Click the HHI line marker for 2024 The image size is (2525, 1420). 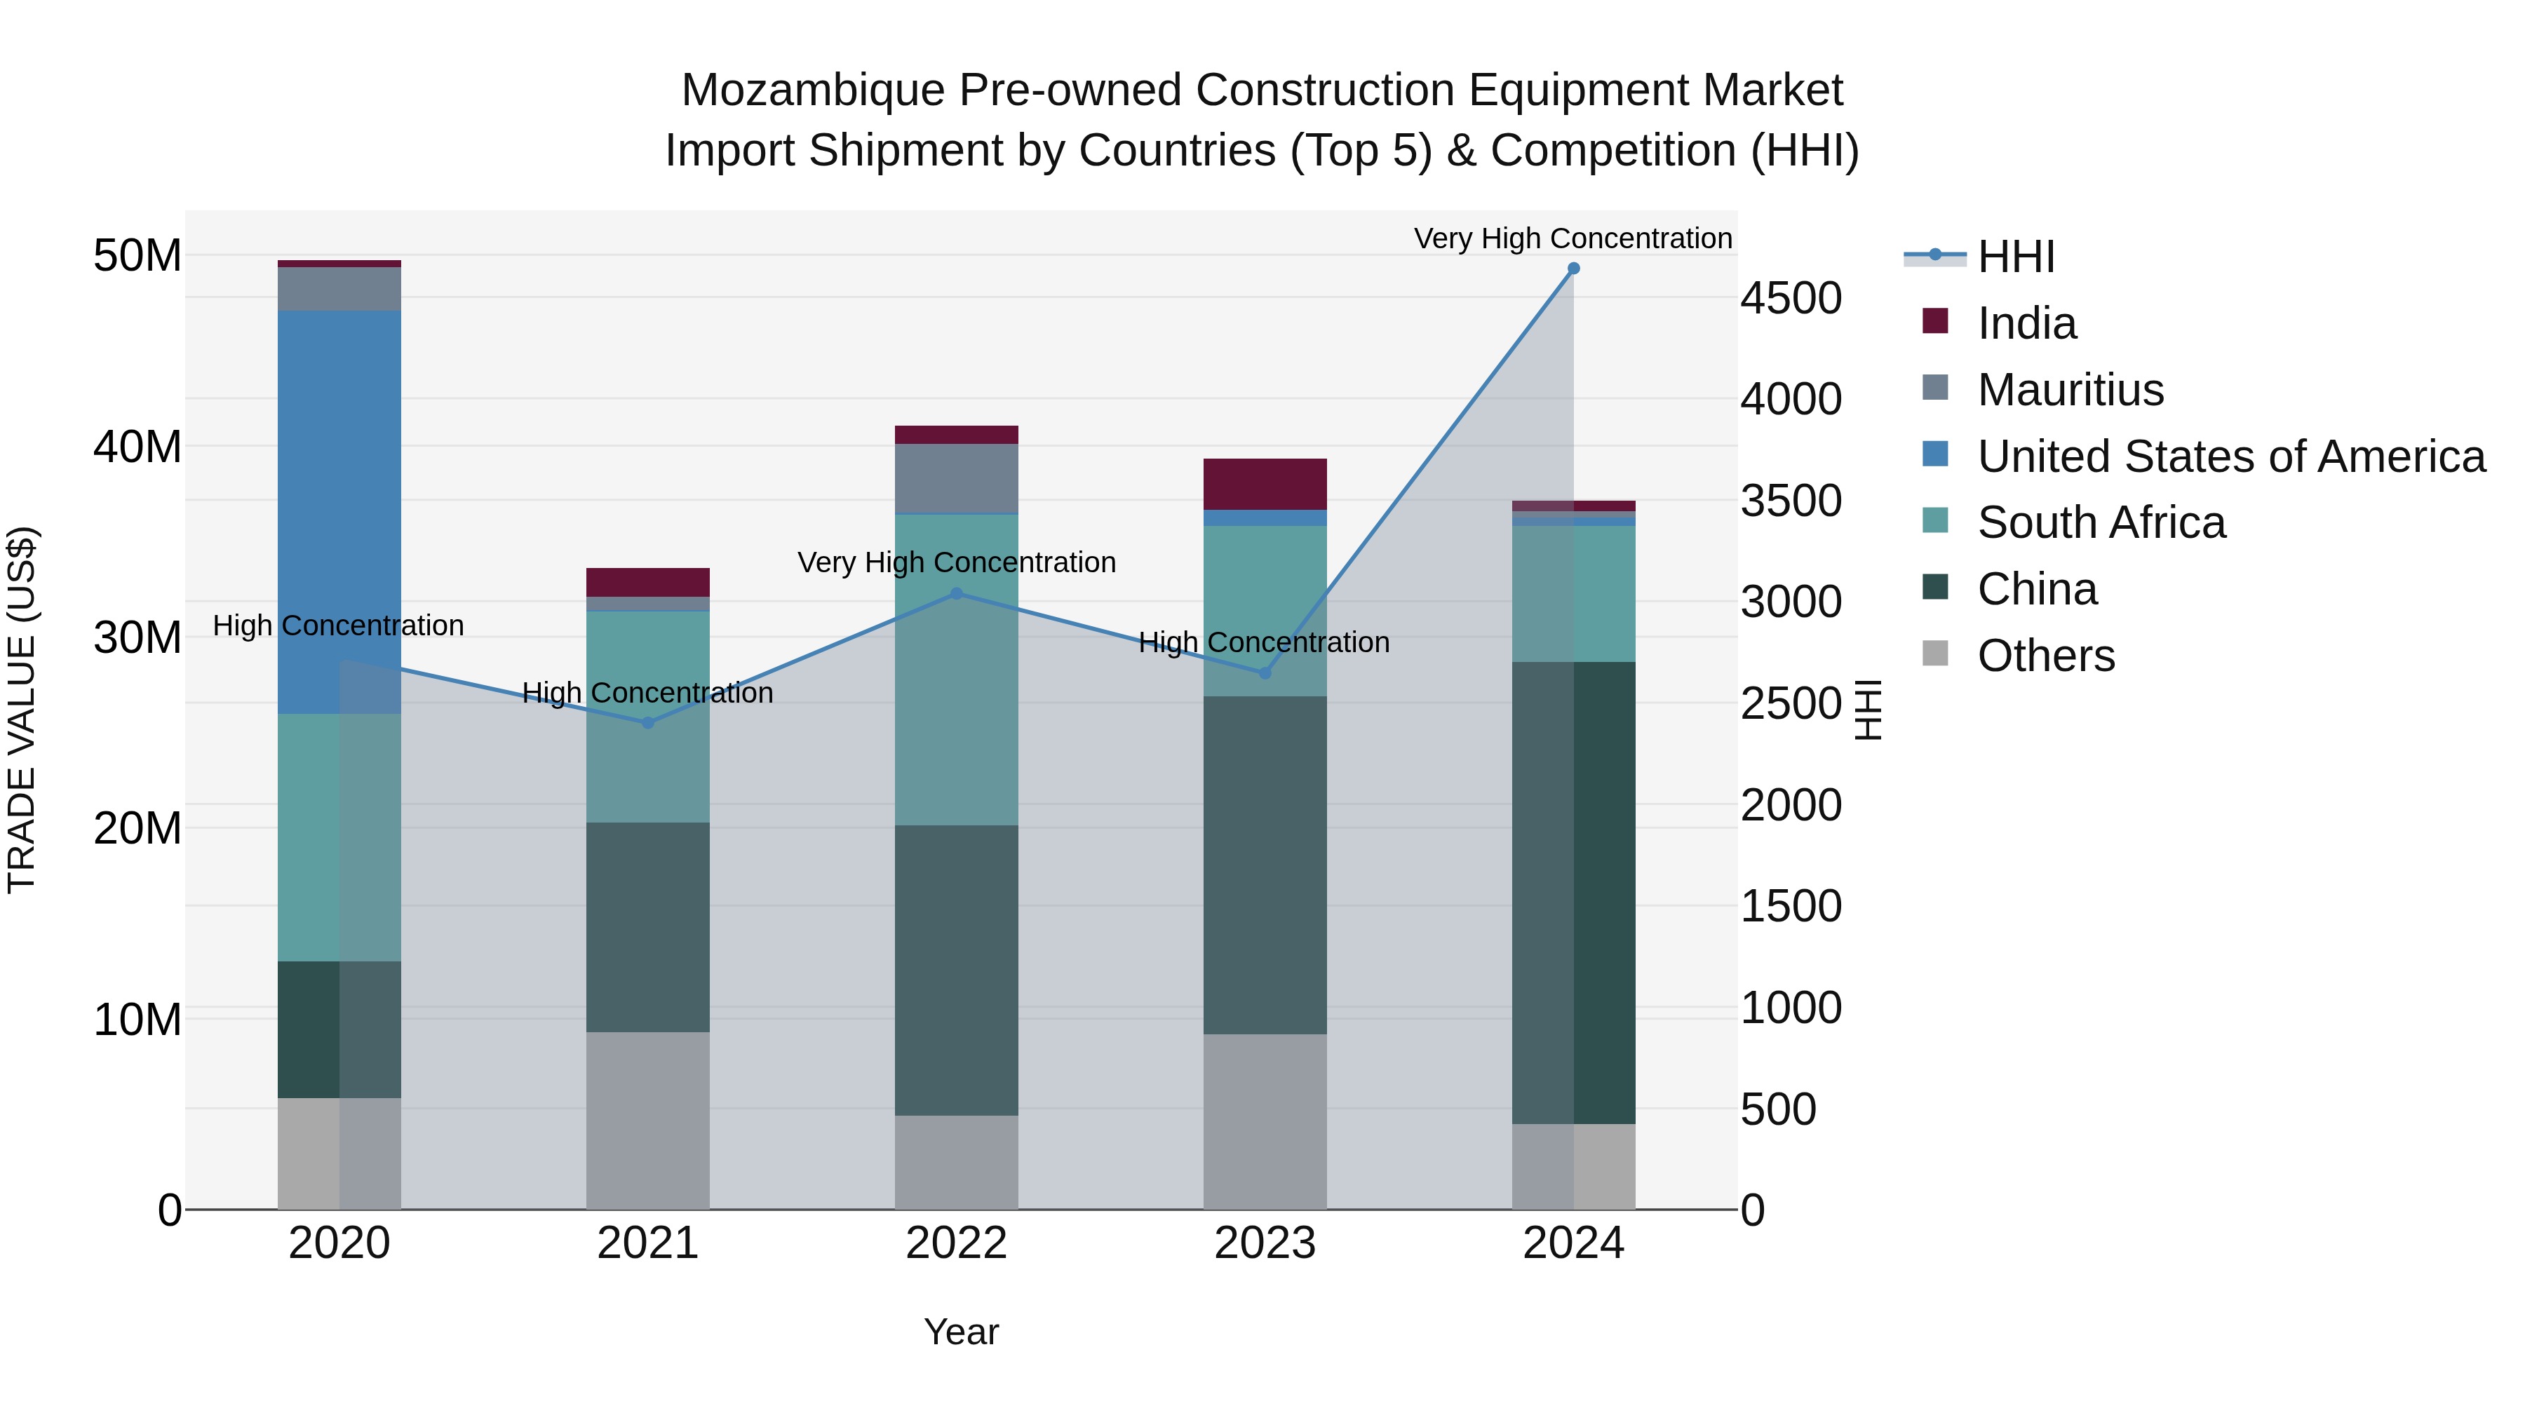coord(1573,269)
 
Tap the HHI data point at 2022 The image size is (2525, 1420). coord(957,594)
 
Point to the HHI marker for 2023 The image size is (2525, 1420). coord(1265,673)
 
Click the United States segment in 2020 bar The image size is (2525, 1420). coord(339,510)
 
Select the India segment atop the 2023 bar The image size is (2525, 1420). coord(1265,484)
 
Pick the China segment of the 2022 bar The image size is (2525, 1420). coord(957,971)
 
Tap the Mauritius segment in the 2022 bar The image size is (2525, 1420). coord(957,478)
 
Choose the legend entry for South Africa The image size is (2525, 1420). coord(2101,522)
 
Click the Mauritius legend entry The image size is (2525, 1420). coord(2069,390)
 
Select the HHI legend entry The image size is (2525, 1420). coord(2015,257)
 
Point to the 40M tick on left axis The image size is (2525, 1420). coord(137,447)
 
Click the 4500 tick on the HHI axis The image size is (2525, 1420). coord(1791,299)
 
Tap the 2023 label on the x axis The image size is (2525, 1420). coord(1265,1243)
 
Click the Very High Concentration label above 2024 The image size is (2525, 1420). coord(1573,238)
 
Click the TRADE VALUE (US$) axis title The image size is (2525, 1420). coord(22,710)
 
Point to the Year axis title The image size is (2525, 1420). coord(961,1332)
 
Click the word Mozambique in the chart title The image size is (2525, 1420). coord(813,90)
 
